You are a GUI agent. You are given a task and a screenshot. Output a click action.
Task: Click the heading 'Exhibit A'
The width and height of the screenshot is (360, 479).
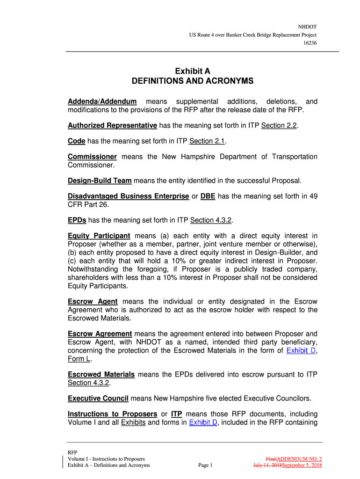pyautogui.click(x=193, y=71)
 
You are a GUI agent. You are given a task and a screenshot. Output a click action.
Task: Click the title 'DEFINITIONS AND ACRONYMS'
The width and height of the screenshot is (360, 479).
pyautogui.click(x=193, y=81)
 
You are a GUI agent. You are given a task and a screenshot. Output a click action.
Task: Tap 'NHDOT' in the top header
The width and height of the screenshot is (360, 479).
pyautogui.click(x=308, y=27)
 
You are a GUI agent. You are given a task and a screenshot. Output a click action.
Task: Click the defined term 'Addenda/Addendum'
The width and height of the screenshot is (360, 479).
pyautogui.click(x=102, y=102)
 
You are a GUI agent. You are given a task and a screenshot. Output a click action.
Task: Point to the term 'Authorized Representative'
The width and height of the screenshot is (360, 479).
pyautogui.click(x=112, y=126)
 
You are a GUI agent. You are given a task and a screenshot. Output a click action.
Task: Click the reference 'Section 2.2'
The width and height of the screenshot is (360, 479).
pyautogui.click(x=279, y=126)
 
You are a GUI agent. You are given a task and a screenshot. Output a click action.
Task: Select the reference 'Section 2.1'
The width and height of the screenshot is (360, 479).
pyautogui.click(x=208, y=142)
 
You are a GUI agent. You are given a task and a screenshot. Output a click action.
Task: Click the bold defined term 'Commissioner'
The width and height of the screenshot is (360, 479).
pyautogui.click(x=92, y=157)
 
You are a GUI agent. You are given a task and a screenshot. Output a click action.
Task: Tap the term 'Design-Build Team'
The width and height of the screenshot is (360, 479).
pyautogui.click(x=100, y=181)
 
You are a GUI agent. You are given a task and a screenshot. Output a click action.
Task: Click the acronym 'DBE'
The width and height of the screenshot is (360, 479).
pyautogui.click(x=208, y=196)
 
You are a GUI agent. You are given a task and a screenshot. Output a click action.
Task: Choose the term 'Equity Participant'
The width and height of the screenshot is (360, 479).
pyautogui.click(x=99, y=235)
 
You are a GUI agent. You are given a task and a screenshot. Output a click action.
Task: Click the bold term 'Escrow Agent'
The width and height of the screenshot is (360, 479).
pyautogui.click(x=93, y=302)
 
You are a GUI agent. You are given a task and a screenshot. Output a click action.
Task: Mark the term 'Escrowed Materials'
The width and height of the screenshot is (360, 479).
pyautogui.click(x=101, y=374)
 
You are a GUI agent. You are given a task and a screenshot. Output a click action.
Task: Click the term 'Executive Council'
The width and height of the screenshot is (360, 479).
pyautogui.click(x=98, y=399)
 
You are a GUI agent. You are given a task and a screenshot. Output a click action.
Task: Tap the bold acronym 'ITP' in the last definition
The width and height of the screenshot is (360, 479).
pyautogui.click(x=177, y=414)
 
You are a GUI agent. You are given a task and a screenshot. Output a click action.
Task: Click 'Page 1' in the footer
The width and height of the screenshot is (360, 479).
pyautogui.click(x=205, y=465)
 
